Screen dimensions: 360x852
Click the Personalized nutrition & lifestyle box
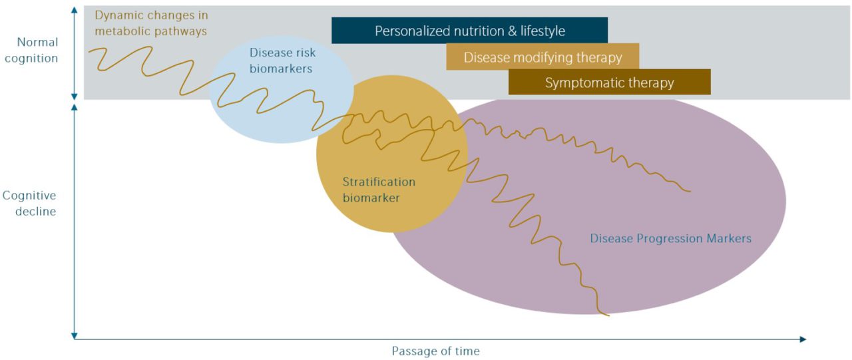coord(469,31)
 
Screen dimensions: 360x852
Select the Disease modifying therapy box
coord(542,57)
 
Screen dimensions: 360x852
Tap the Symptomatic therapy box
coord(609,83)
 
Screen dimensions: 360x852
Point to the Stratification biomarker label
coord(378,189)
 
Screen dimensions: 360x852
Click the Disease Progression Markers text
coord(670,238)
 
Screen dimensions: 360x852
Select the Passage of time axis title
coord(435,351)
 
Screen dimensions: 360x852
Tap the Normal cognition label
coord(37,50)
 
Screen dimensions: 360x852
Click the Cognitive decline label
coord(29,204)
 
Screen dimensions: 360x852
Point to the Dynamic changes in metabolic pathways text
coord(150,23)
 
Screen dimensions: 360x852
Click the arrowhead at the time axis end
coord(803,339)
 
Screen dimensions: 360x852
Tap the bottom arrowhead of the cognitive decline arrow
coord(74,334)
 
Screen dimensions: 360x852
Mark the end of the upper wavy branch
coord(690,192)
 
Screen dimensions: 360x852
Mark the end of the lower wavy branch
coord(608,315)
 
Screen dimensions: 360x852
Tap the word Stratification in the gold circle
coord(378,182)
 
